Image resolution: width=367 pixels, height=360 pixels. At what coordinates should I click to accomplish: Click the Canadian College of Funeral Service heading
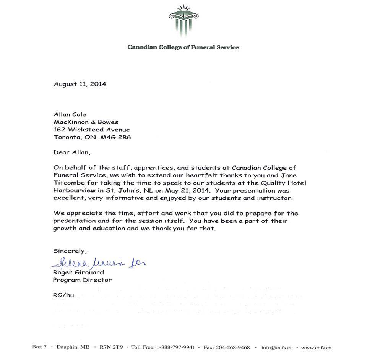183,47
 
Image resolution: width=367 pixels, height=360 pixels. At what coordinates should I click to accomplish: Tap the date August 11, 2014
80,84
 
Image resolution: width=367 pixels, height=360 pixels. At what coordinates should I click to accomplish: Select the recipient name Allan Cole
70,114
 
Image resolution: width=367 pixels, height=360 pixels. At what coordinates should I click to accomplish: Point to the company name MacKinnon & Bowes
86,122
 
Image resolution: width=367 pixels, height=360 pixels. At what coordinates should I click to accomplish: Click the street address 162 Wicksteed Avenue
91,130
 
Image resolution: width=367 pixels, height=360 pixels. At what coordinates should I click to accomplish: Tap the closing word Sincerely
70,251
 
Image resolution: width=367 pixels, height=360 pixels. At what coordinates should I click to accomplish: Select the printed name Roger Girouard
78,272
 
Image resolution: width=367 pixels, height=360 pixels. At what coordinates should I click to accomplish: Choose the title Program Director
82,280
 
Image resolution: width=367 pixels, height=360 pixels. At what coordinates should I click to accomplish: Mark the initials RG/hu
63,295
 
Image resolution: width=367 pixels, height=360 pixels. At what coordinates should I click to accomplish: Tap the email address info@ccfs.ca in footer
277,348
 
